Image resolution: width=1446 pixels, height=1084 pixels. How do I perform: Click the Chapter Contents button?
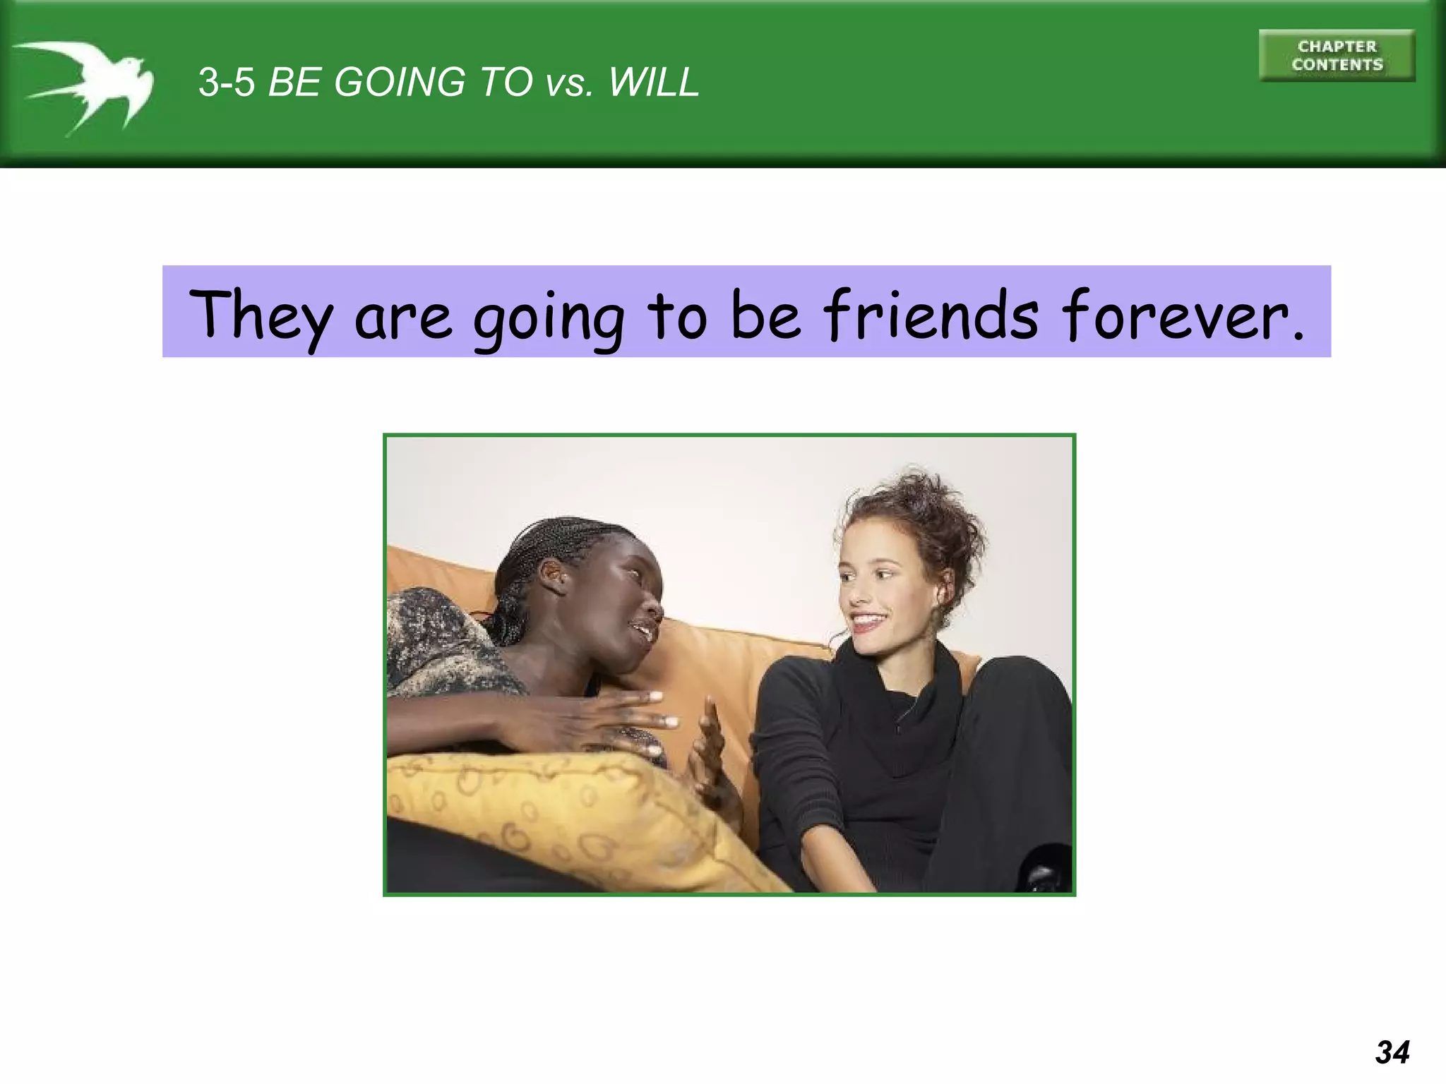click(x=1337, y=56)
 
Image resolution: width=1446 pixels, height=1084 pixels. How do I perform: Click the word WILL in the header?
click(x=654, y=83)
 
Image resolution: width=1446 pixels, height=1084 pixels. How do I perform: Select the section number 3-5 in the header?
click(x=226, y=83)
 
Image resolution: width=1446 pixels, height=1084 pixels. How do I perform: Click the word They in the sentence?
click(x=261, y=315)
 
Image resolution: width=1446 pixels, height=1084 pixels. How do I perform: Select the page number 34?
click(x=1392, y=1052)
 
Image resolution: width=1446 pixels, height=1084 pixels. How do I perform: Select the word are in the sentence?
click(x=403, y=319)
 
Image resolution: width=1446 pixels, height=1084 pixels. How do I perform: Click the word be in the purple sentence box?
click(x=765, y=315)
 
